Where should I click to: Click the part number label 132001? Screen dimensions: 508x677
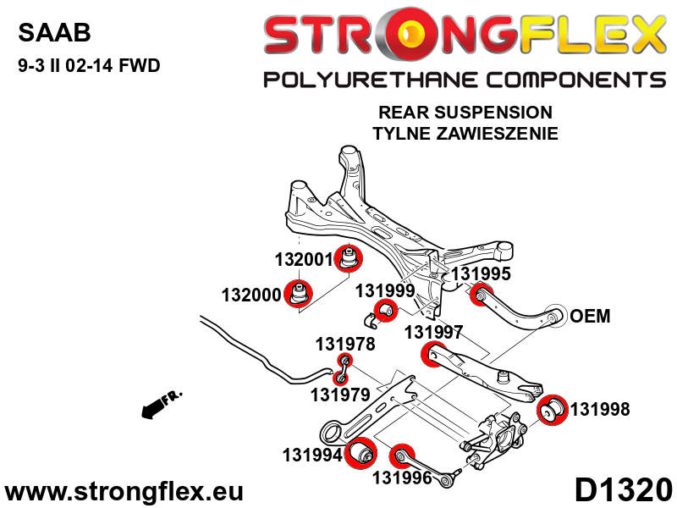click(x=304, y=259)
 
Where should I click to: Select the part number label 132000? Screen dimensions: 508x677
click(x=251, y=295)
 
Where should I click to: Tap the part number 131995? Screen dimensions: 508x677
click(x=481, y=273)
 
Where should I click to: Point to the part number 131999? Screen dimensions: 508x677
click(x=384, y=290)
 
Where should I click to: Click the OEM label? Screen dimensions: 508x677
click(x=590, y=317)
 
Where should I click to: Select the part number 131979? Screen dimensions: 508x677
click(x=339, y=394)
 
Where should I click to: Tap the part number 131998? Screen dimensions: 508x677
click(x=600, y=410)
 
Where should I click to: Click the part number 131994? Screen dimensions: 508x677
click(x=311, y=456)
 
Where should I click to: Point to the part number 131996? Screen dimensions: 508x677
click(x=402, y=478)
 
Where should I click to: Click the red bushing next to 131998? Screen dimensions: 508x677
click(x=553, y=411)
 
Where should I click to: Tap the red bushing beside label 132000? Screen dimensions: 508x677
click(x=298, y=295)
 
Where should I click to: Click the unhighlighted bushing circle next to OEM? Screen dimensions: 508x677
click(x=555, y=316)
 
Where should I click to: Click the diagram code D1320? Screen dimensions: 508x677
click(x=623, y=490)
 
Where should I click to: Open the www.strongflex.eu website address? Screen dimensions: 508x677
click(x=124, y=491)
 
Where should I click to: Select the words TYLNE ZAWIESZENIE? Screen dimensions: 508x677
click(x=465, y=133)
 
